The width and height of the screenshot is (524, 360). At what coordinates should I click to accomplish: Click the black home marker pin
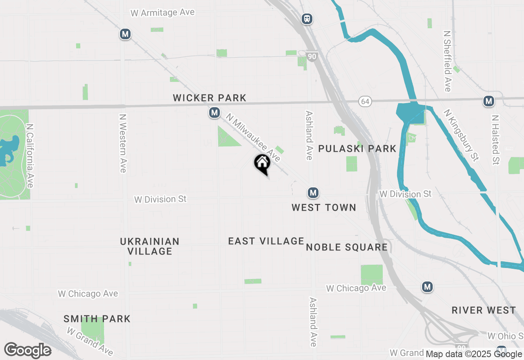click(262, 164)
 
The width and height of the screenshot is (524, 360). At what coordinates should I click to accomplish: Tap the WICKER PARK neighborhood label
click(210, 98)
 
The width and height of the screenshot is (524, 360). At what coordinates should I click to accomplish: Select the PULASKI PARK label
click(357, 148)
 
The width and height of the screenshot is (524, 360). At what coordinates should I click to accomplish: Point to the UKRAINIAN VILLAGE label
click(149, 246)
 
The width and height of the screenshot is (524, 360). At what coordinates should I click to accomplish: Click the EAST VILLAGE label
click(266, 241)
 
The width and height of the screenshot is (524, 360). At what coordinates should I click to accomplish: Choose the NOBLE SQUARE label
click(347, 247)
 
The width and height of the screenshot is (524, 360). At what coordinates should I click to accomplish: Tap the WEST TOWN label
click(324, 208)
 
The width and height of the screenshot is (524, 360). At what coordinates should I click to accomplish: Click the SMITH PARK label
click(97, 319)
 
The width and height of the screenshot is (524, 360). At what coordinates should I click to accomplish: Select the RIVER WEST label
click(483, 310)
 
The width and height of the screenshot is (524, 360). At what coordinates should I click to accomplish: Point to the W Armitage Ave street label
click(163, 13)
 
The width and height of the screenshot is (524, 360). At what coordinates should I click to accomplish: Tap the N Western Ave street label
click(122, 143)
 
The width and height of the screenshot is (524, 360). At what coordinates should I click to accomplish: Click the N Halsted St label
click(496, 139)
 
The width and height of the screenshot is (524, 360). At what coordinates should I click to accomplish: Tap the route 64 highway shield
click(365, 101)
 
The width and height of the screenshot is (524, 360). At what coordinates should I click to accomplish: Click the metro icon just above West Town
click(313, 193)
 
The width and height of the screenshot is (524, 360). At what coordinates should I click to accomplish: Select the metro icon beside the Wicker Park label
click(215, 112)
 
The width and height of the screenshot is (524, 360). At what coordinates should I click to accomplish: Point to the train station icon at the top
click(307, 19)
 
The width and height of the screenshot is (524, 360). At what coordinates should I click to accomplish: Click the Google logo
click(27, 350)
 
